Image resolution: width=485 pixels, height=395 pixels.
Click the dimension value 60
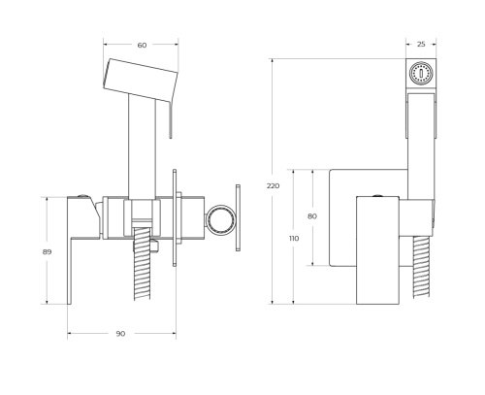coord(141,45)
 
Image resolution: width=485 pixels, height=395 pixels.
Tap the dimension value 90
coord(120,334)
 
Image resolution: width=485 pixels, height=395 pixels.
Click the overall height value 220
coord(274,184)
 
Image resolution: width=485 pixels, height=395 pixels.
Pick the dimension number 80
coord(311,215)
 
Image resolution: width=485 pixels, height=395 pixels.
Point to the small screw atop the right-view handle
coord(379,192)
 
